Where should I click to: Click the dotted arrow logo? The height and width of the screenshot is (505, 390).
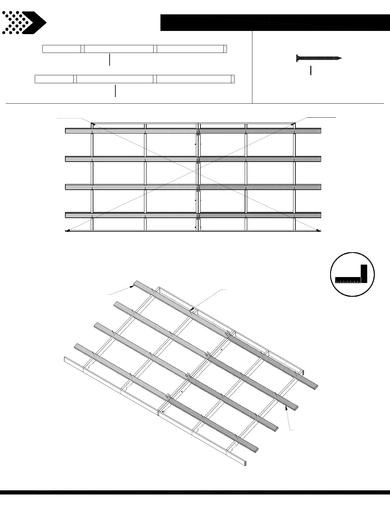(24, 23)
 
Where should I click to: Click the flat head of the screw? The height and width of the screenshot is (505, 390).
(298, 58)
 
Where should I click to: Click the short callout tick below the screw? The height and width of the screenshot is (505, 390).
(311, 70)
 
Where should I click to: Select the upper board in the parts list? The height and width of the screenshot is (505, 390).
(134, 49)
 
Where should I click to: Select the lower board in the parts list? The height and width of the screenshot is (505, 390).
(134, 79)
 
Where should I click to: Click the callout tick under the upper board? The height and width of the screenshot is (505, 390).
(110, 60)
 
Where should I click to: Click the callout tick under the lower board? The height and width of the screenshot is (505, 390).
(115, 91)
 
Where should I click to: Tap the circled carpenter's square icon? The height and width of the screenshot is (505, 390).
(352, 274)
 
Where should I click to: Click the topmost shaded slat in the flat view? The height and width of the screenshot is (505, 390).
(193, 131)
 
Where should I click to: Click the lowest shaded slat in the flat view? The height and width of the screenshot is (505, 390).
(193, 215)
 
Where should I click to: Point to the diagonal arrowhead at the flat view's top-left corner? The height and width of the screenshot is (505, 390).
(93, 124)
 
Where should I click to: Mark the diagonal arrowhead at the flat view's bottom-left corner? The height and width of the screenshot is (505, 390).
(68, 231)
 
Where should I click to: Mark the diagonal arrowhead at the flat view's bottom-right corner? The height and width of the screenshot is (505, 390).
(319, 230)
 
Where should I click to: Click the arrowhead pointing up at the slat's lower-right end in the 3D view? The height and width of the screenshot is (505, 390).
(286, 408)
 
